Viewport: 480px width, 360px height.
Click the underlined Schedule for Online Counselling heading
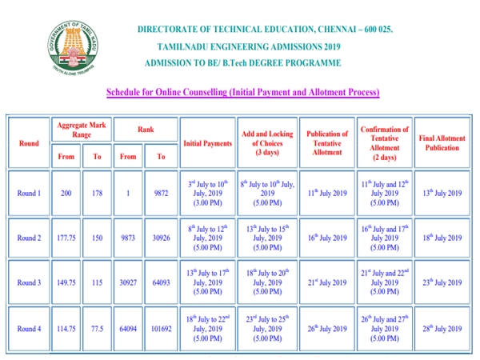[242, 93]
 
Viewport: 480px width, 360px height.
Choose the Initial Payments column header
[207, 143]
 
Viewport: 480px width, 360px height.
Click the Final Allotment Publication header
[442, 143]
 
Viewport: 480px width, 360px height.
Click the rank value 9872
[162, 193]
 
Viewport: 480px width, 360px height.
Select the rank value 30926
[162, 238]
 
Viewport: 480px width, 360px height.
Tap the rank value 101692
[162, 328]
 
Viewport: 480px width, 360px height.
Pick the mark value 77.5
[97, 328]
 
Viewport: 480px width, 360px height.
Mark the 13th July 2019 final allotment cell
[442, 193]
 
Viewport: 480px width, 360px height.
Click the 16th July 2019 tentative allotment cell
[327, 238]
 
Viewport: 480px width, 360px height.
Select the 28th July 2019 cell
[442, 328]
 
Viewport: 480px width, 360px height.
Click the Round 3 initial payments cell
[207, 282]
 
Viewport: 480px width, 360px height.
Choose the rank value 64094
[128, 328]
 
